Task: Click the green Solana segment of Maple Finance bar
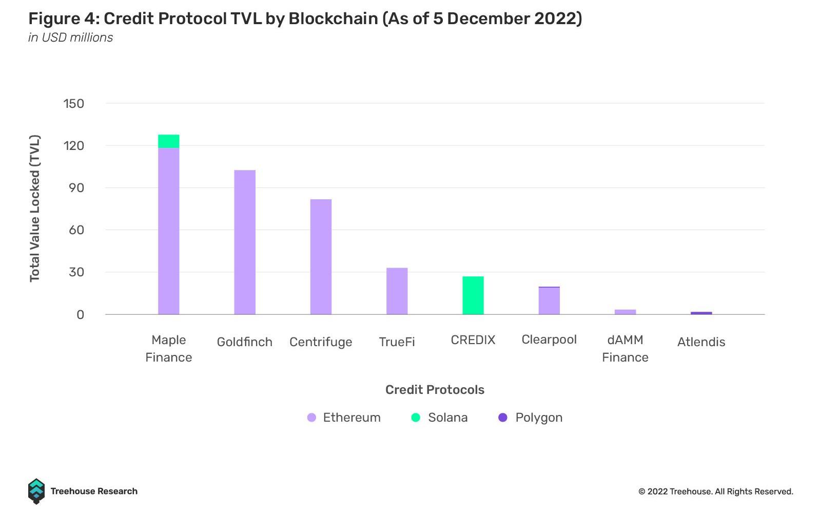[168, 141]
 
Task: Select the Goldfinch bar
[245, 242]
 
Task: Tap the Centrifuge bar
[321, 257]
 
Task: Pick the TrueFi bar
[397, 291]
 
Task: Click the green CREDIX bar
[473, 295]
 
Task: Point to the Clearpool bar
[549, 301]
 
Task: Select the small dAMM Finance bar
[625, 312]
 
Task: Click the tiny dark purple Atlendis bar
[701, 313]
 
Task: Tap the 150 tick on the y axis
[73, 104]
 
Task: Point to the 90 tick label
[76, 188]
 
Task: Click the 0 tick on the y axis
[80, 315]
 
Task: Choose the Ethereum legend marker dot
[311, 418]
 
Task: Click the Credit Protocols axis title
[435, 390]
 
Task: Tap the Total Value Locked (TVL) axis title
[34, 208]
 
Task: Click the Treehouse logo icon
[36, 491]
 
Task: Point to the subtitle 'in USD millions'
[70, 37]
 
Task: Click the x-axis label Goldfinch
[244, 342]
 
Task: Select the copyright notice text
[715, 492]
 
